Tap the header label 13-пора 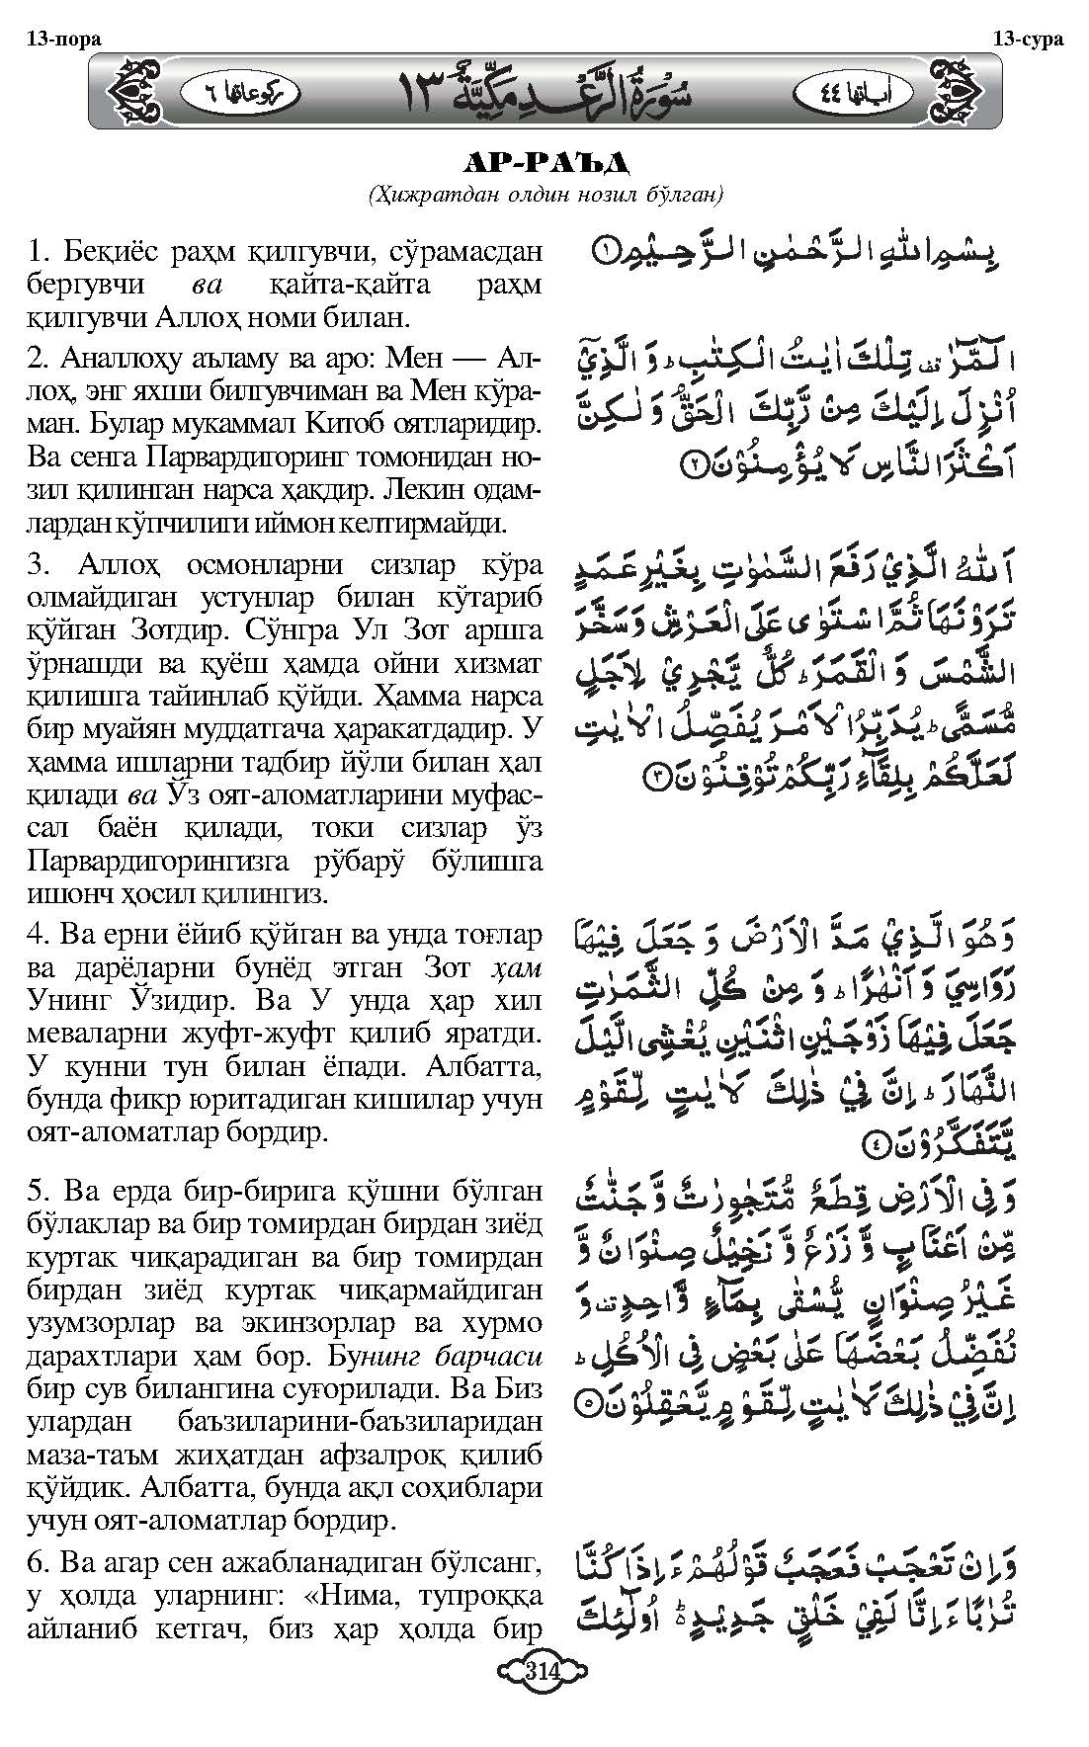tap(63, 40)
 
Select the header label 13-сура tap(1028, 40)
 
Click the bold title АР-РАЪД tap(544, 162)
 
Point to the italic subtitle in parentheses tap(544, 195)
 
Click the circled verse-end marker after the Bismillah tap(602, 253)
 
